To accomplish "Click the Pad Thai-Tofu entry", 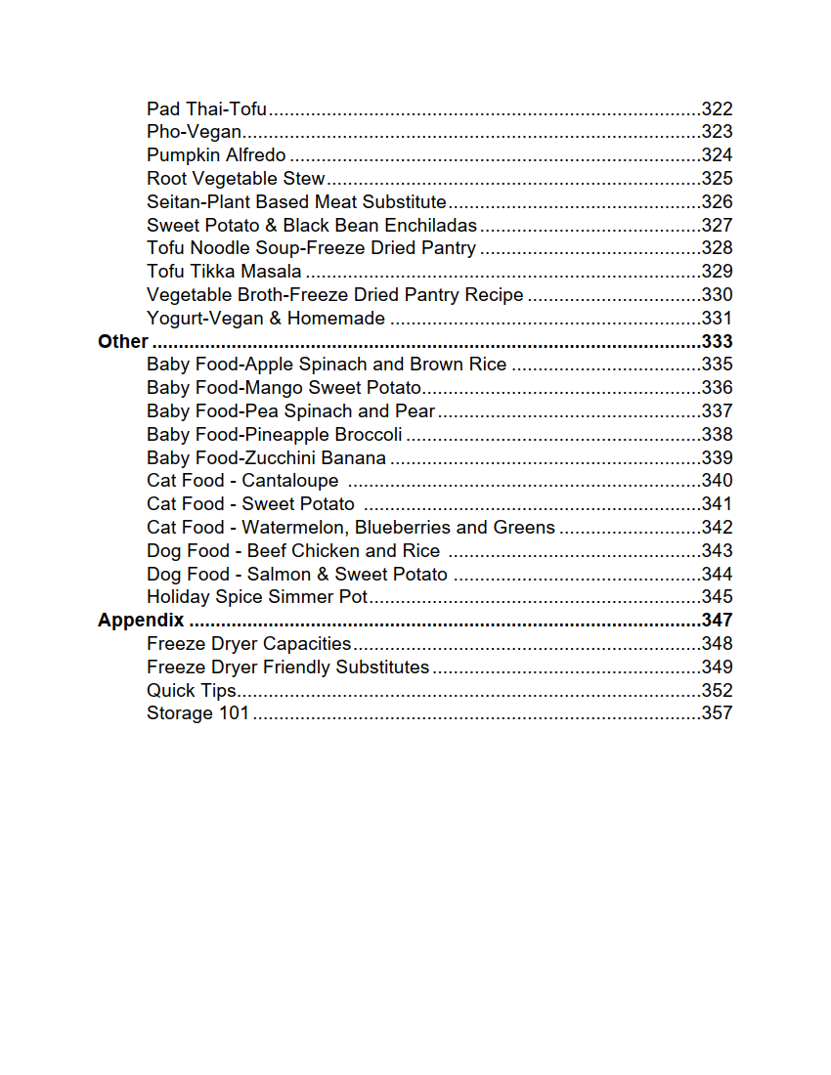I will [207, 109].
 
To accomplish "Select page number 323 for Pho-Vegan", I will [717, 132].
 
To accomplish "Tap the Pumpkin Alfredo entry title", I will [216, 155].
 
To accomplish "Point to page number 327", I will [717, 226].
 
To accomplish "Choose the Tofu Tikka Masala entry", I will [224, 272].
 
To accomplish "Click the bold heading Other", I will [123, 342].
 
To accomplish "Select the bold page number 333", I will [717, 342].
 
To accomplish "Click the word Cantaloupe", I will [290, 481].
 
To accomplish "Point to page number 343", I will [717, 551].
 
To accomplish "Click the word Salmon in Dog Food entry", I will [279, 575].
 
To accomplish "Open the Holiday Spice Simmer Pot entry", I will [257, 597].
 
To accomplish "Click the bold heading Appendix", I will [141, 621].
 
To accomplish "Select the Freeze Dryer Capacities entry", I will [248, 644].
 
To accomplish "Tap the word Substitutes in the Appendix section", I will [382, 667].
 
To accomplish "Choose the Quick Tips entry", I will [192, 691].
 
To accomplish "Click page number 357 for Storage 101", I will [717, 713].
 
